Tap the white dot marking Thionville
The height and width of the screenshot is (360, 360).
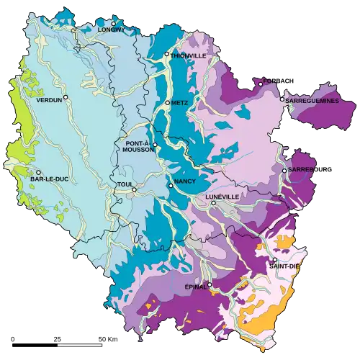click(167, 54)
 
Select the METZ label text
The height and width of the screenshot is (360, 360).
click(180, 103)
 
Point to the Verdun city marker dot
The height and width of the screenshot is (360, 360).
click(66, 97)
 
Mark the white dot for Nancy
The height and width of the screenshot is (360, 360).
click(171, 186)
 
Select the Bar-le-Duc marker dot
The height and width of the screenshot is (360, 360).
click(37, 172)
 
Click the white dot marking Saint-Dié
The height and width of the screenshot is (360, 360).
click(274, 260)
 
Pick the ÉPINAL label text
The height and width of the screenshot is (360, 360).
click(196, 286)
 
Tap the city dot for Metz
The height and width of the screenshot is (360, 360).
click(168, 103)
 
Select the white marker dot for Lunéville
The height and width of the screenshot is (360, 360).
click(213, 204)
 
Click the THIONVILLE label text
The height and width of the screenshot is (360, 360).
click(189, 55)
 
